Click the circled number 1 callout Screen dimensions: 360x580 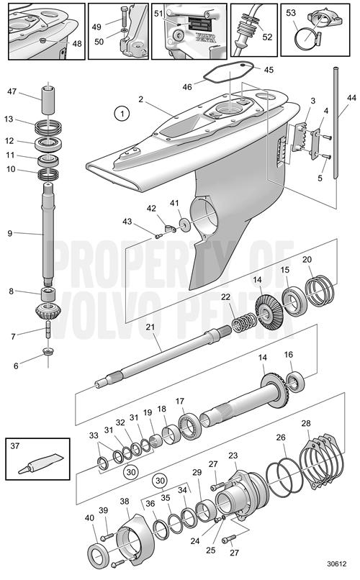[x=122, y=113]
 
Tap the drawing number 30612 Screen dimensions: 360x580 [x=337, y=563]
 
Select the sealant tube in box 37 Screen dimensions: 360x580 [x=41, y=463]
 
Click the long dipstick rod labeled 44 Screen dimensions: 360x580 [x=336, y=122]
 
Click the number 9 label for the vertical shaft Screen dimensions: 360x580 [x=9, y=233]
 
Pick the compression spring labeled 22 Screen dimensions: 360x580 [x=244, y=322]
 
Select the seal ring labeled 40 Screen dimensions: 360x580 [x=98, y=557]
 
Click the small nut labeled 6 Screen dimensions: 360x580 [x=48, y=350]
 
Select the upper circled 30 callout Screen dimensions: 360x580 [x=159, y=481]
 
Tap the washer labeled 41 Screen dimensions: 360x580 [x=184, y=225]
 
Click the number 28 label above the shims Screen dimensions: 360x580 [x=306, y=423]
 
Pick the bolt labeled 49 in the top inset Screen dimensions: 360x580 [x=124, y=18]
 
